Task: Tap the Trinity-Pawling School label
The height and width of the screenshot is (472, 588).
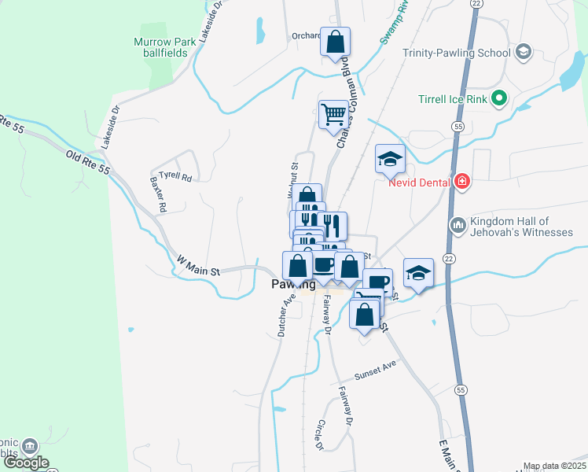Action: click(x=456, y=53)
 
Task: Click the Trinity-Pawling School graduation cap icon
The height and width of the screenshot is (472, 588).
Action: click(x=524, y=53)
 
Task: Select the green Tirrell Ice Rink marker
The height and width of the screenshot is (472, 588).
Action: click(x=498, y=99)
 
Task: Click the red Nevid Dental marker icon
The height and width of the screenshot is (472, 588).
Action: click(x=462, y=183)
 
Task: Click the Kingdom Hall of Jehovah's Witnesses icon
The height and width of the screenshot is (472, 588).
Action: click(x=458, y=227)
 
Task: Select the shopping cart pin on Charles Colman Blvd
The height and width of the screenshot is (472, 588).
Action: click(x=333, y=114)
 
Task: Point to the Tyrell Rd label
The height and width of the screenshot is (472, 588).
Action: click(x=175, y=177)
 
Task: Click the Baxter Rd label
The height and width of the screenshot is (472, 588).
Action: click(x=158, y=195)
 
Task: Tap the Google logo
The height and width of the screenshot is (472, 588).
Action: click(x=25, y=463)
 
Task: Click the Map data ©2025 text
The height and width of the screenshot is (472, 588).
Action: click(x=554, y=466)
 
